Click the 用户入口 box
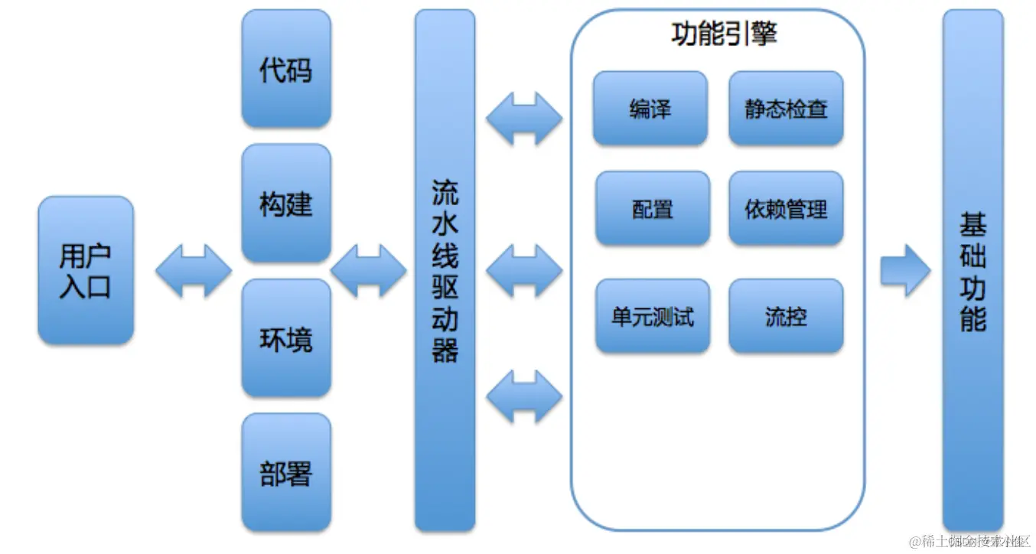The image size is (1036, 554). (86, 269)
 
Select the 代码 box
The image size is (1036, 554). (286, 70)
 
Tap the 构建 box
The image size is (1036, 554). (286, 204)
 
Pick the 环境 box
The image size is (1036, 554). (286, 338)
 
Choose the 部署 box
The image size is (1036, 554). (286, 472)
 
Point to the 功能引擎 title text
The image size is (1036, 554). (724, 34)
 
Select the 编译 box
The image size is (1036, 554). (650, 109)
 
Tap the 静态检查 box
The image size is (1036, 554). (786, 109)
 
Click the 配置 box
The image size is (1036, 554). (652, 208)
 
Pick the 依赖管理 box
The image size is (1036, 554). (786, 208)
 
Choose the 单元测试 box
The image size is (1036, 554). (652, 316)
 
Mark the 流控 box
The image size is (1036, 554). (786, 316)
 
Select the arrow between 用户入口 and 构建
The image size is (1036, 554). (193, 270)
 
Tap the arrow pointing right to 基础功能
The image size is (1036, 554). (904, 270)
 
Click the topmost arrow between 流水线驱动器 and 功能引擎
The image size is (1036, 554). (524, 119)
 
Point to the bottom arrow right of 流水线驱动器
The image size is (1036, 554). (524, 396)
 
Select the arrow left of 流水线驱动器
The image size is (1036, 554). (368, 270)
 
